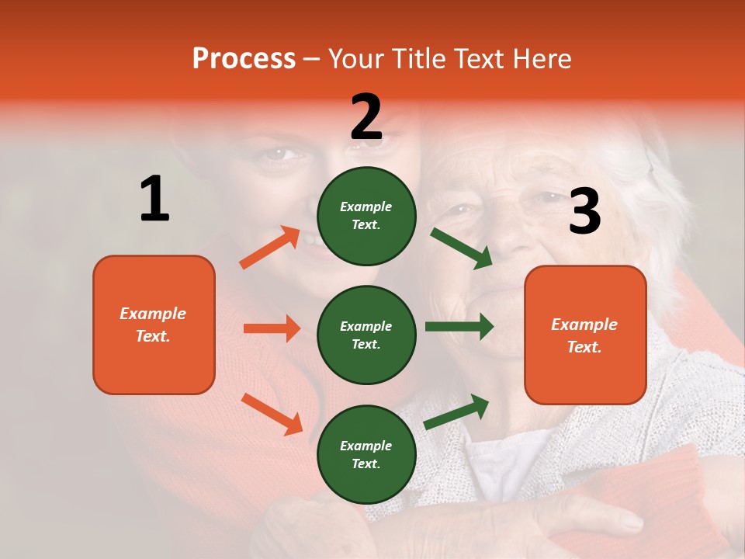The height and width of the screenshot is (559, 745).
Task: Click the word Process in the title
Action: pyautogui.click(x=244, y=58)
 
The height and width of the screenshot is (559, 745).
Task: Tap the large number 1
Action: pyautogui.click(x=154, y=199)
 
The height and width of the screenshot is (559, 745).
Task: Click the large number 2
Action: pyautogui.click(x=366, y=116)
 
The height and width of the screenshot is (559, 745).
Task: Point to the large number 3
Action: pyautogui.click(x=584, y=211)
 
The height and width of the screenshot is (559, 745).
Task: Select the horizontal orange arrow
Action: pyautogui.click(x=272, y=328)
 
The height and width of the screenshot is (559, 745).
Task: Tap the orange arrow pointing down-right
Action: pyautogui.click(x=272, y=414)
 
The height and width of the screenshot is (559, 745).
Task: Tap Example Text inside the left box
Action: pyautogui.click(x=153, y=325)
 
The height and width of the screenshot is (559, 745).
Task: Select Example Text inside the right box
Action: pyautogui.click(x=584, y=335)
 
